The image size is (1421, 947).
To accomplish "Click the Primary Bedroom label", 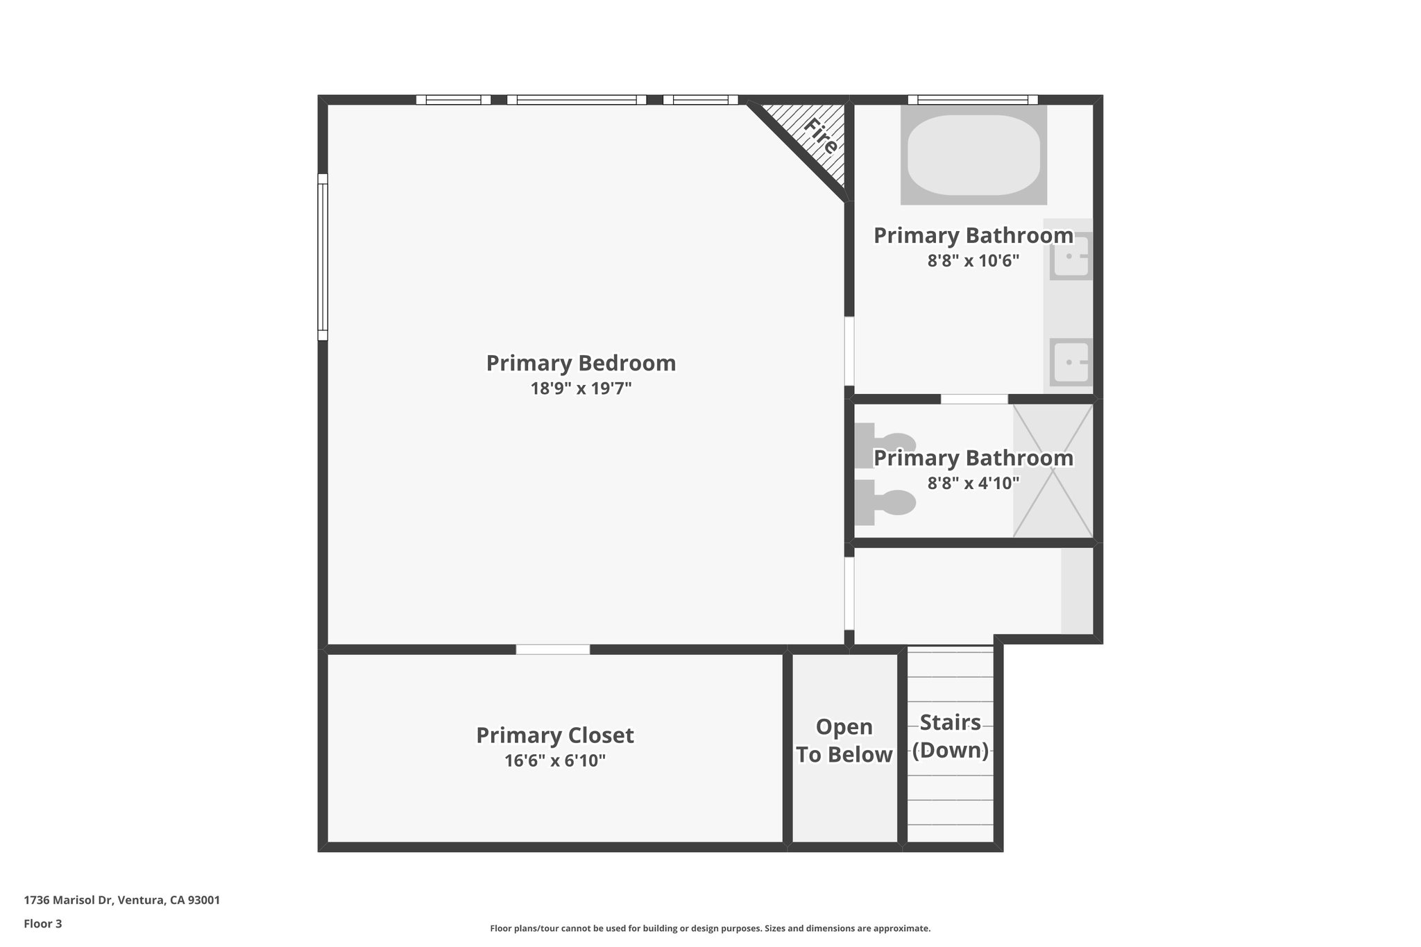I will [581, 363].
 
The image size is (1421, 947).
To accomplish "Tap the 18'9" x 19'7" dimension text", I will [581, 389].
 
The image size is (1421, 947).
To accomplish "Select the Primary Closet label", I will [554, 735].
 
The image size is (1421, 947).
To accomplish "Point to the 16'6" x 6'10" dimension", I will [554, 761].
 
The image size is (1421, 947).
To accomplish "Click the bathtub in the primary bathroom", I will [973, 155].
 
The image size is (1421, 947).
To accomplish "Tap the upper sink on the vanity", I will [1070, 256].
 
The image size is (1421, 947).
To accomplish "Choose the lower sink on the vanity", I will [1070, 362].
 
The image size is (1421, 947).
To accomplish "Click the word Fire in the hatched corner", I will [821, 136].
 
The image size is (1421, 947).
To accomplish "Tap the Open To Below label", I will [844, 741].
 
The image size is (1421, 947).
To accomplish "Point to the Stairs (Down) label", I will [950, 736].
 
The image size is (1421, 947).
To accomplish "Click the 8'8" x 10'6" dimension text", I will [973, 262].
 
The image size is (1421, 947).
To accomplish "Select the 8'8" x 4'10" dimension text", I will [973, 484].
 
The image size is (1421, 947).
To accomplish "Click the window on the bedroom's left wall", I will [323, 257].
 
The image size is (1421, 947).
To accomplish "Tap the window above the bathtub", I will [973, 99].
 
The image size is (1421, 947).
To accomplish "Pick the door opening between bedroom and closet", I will [552, 649].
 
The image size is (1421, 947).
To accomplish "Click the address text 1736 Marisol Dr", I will [121, 901].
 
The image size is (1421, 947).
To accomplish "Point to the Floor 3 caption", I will [43, 923].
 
